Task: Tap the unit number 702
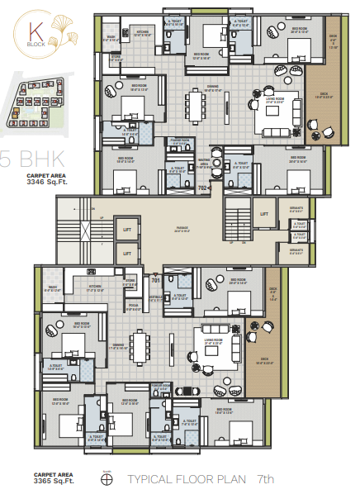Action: [x=201, y=189]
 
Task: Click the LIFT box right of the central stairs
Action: [x=264, y=215]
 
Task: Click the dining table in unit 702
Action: [x=196, y=106]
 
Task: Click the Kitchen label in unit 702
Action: [x=142, y=32]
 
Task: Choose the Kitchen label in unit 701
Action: [x=95, y=289]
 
